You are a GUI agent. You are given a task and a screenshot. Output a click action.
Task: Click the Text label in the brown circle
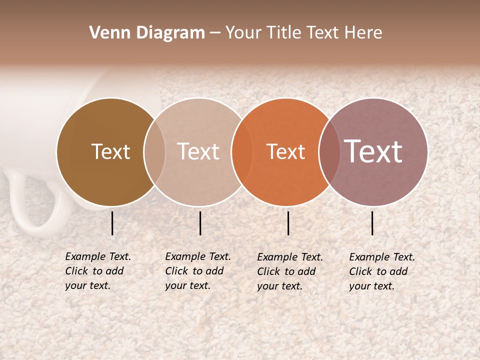click(110, 151)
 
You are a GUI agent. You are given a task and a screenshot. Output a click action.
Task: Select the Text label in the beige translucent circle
click(198, 151)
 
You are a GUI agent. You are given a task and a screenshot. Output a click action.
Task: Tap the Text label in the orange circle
click(285, 151)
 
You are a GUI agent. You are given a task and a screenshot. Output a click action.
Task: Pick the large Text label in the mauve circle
click(373, 151)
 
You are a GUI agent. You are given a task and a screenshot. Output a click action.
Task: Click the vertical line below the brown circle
click(112, 223)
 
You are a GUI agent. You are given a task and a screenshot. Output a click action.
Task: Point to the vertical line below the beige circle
click(200, 223)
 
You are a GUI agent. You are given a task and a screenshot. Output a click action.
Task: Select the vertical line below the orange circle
click(288, 223)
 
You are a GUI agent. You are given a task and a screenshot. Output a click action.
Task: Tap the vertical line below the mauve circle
click(372, 223)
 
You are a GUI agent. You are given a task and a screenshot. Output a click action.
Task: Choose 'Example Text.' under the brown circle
click(98, 256)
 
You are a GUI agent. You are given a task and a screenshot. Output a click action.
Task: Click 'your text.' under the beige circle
click(187, 285)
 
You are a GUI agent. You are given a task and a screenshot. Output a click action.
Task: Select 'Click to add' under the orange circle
click(286, 271)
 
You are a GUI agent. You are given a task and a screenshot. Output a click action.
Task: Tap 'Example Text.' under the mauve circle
click(382, 257)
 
